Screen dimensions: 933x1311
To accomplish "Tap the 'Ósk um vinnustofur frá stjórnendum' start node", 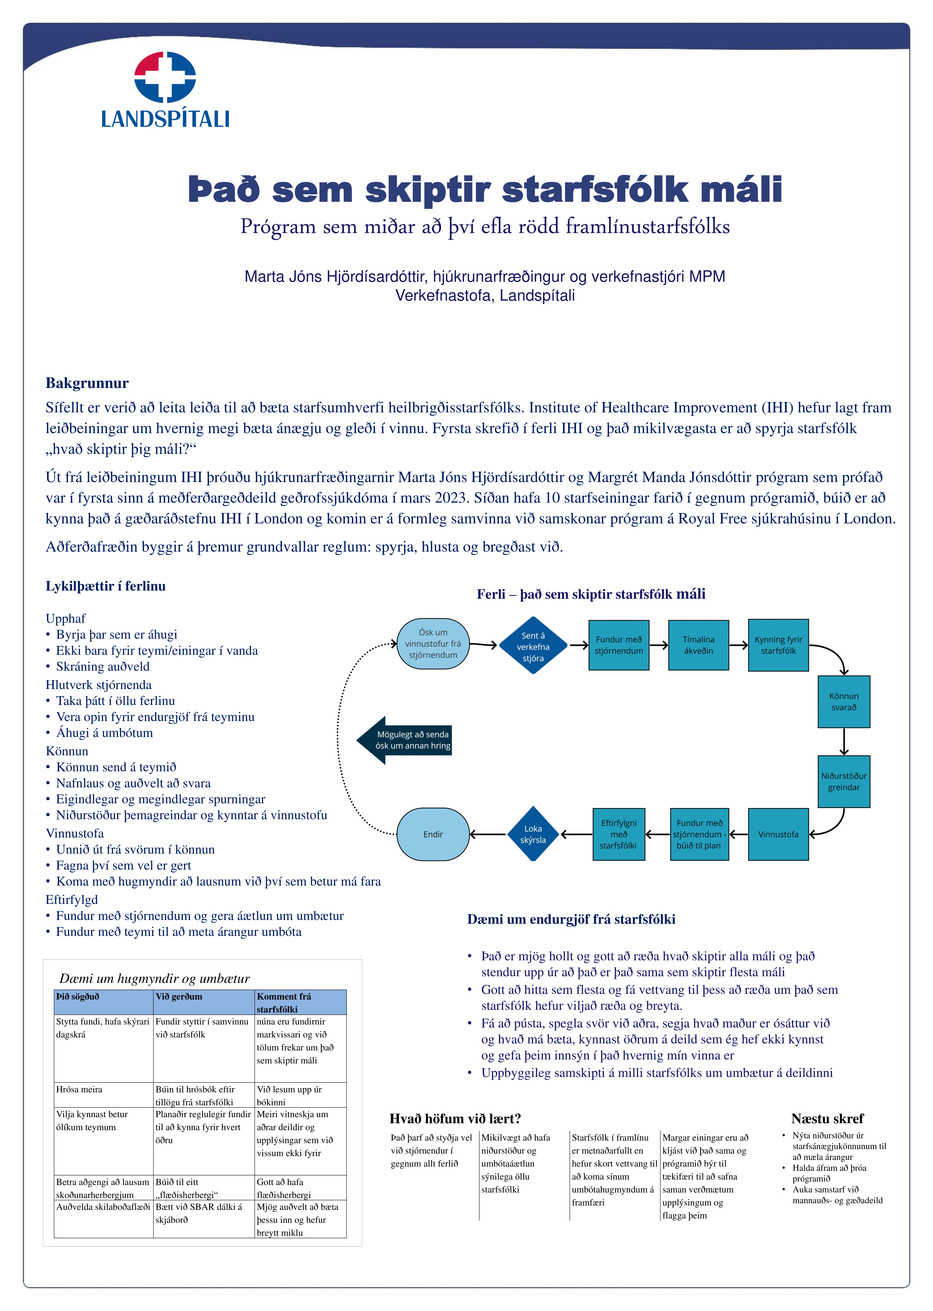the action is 433,643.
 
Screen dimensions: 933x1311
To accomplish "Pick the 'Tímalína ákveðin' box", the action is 699,645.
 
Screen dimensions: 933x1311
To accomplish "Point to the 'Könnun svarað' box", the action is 844,701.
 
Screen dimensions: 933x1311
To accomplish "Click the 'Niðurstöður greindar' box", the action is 844,781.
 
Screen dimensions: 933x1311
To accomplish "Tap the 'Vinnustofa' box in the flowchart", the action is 778,834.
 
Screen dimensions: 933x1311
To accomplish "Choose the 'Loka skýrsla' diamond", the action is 533,834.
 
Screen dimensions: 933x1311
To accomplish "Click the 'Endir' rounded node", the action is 433,834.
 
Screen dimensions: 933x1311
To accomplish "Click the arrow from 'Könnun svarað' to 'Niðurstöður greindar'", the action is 844,742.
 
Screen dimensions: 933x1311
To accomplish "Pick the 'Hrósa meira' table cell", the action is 79,1089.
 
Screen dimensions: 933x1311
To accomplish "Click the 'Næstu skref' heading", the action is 827,1119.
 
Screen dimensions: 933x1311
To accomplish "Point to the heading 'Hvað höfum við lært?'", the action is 455,1119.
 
